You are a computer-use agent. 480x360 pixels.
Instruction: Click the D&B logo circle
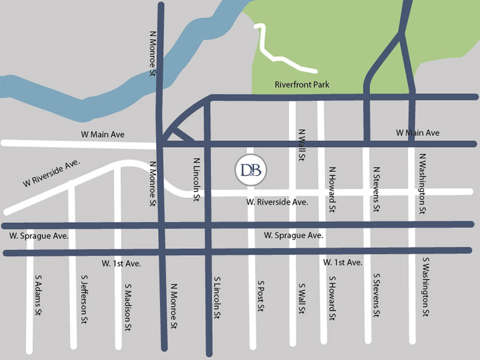point(251,169)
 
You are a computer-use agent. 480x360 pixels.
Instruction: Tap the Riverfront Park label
point(302,84)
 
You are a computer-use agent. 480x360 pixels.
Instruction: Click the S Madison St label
point(128,303)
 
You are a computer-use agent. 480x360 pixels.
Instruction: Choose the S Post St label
point(261,295)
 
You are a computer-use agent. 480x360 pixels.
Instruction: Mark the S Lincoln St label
point(217,299)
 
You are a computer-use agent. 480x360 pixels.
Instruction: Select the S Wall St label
point(301,299)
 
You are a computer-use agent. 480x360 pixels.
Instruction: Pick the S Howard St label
point(332,299)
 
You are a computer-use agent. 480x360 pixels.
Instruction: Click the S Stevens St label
point(376,295)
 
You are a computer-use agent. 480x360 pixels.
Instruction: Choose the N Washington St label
point(422,184)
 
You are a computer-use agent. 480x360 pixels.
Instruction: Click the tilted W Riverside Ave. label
point(52,173)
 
